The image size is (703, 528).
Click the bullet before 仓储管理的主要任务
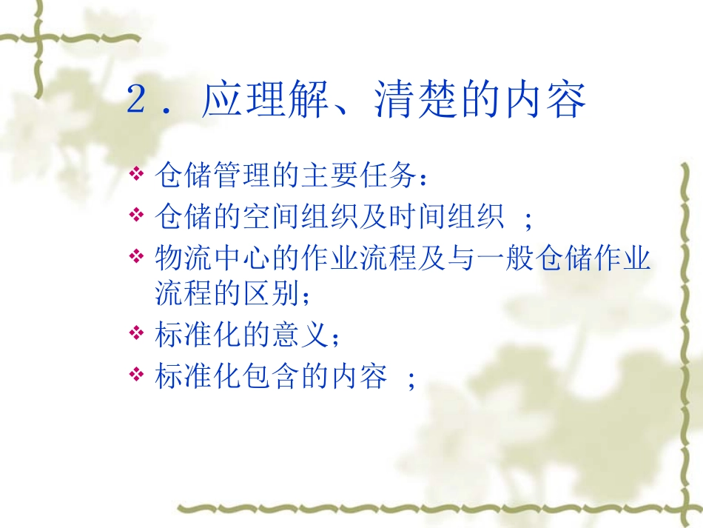click(136, 175)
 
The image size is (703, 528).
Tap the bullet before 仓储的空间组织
click(136, 216)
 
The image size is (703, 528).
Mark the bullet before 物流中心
click(136, 257)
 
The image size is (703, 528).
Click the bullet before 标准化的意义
click(136, 334)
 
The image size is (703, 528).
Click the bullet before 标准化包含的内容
click(136, 375)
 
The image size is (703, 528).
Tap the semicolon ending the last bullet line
click(412, 379)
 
